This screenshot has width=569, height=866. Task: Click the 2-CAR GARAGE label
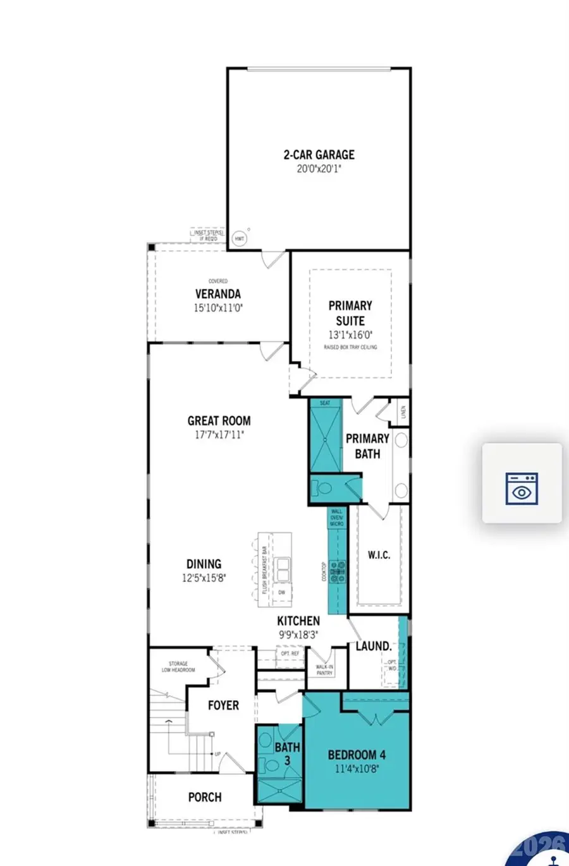(x=319, y=154)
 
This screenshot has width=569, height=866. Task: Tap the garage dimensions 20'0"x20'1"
(x=319, y=169)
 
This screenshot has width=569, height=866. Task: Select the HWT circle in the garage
(x=240, y=238)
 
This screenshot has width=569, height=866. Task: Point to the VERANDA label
(x=217, y=294)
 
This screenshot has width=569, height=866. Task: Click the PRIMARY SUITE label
(x=350, y=313)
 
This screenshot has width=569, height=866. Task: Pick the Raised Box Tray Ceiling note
(x=350, y=347)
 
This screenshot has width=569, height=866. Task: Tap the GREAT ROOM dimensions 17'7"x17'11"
(x=219, y=435)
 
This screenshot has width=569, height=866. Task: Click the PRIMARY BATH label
(x=367, y=446)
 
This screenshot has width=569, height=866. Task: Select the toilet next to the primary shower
(x=324, y=489)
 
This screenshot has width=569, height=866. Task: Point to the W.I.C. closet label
(x=379, y=555)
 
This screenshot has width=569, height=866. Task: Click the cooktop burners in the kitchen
(x=338, y=571)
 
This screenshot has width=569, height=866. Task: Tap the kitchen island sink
(x=281, y=568)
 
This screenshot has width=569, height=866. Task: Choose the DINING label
(x=204, y=564)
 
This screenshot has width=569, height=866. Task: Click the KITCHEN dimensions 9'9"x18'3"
(x=298, y=635)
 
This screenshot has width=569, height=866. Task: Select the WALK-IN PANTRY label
(x=324, y=670)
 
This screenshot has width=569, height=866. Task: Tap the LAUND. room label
(x=373, y=646)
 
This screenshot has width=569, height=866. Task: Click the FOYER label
(x=223, y=705)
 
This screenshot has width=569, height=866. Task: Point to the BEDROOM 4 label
(x=357, y=755)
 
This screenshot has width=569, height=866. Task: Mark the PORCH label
(x=205, y=797)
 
